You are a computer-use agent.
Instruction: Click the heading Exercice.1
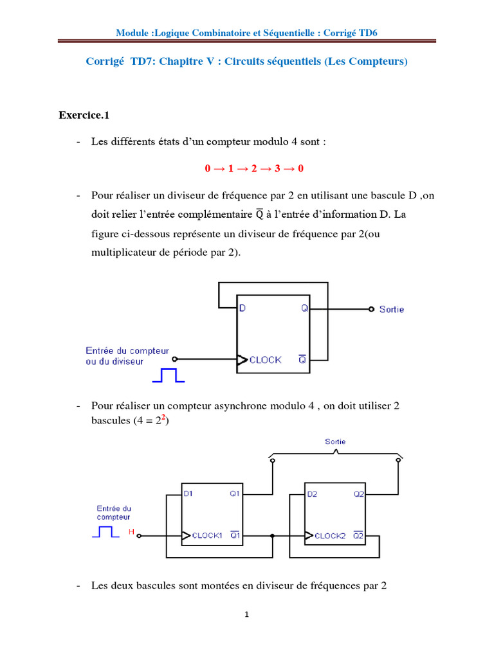84,116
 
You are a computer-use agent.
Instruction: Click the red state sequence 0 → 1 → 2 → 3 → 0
254,168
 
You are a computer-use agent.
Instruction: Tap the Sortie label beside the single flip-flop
392,310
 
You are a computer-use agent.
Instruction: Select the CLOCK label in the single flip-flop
265,360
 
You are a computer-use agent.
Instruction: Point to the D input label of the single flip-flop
242,308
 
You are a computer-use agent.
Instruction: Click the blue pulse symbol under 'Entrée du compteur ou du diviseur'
169,375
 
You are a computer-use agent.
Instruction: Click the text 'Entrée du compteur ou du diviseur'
127,355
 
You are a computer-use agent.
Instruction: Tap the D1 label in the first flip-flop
188,494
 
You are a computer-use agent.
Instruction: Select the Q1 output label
233,494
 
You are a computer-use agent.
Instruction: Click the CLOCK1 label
209,535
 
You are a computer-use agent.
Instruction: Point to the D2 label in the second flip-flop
312,494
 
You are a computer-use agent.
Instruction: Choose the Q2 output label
358,494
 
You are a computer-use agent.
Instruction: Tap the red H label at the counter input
132,532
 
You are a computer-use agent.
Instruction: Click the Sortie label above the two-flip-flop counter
335,442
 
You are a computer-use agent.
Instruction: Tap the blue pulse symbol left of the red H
106,532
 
